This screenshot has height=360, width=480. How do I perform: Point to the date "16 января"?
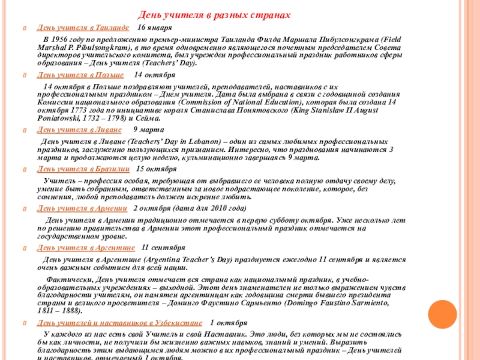pos(154,28)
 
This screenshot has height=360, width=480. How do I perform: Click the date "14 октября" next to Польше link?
pos(154,75)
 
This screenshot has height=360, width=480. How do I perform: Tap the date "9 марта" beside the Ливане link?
pos(146,130)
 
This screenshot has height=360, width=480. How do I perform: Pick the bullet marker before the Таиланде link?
pos(25,29)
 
